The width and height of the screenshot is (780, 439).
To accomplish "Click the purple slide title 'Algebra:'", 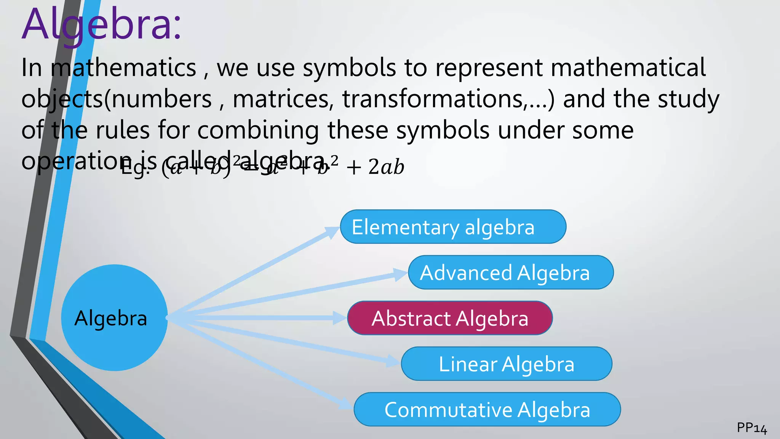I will [101, 25].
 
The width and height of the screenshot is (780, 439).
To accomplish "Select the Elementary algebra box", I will [453, 227].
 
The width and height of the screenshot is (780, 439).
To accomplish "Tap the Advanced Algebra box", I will [510, 272].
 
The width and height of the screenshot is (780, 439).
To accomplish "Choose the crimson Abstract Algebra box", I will [450, 318].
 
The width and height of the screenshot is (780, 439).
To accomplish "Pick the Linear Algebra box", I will [506, 364].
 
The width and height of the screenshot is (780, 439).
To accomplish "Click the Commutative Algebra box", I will [487, 410].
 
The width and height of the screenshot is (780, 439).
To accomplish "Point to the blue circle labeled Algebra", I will [114, 318].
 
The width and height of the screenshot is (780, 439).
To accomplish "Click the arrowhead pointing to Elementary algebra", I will [332, 231].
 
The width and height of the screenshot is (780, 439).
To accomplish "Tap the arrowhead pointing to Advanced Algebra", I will [400, 274].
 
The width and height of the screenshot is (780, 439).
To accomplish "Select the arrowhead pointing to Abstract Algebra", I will [340, 318].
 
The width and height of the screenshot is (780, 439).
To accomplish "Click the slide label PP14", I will [751, 428].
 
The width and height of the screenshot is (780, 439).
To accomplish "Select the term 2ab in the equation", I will [386, 167].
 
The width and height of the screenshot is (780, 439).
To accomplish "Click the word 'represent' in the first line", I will [489, 68].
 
